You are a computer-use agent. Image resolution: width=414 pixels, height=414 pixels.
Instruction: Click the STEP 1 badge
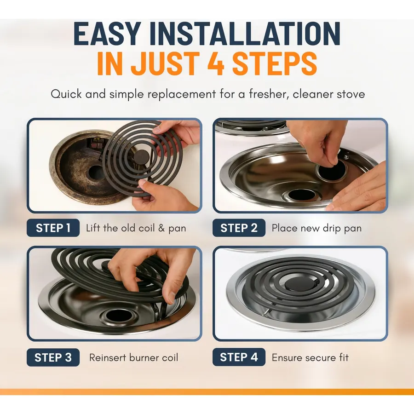click(x=53, y=228)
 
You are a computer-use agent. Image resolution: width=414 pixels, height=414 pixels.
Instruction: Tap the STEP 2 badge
click(x=239, y=228)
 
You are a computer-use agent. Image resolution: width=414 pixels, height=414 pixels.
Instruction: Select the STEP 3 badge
click(x=53, y=357)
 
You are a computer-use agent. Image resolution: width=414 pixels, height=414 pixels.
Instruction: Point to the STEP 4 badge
click(x=239, y=357)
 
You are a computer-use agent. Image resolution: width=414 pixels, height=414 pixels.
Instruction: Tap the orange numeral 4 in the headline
click(x=216, y=63)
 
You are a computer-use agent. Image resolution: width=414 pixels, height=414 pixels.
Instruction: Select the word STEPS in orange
click(x=275, y=63)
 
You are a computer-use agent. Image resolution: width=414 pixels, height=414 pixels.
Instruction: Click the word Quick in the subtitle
click(x=66, y=94)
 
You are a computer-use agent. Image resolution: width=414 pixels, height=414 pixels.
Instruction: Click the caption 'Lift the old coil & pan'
click(x=136, y=228)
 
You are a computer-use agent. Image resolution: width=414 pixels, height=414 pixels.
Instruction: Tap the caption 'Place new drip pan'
click(x=316, y=228)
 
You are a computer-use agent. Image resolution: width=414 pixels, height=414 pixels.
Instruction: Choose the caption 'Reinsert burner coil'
click(x=133, y=357)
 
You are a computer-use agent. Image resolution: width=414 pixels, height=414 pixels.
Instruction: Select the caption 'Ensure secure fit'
click(x=310, y=357)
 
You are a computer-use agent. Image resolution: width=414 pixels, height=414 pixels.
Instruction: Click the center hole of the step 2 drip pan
click(x=301, y=195)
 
